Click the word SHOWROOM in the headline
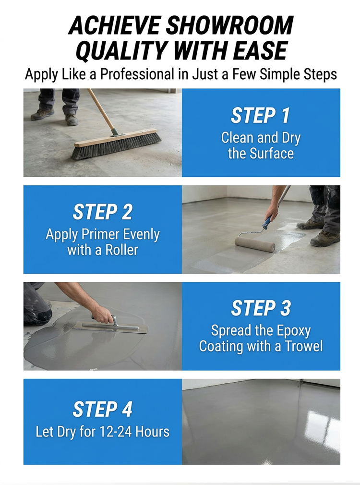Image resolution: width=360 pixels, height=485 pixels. (x=229, y=25)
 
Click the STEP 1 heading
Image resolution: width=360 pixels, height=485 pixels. (x=261, y=115)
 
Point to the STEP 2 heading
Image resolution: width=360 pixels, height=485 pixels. (x=102, y=212)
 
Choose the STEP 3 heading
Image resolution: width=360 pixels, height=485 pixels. (x=261, y=308)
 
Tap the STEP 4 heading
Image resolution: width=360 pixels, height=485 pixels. (x=102, y=409)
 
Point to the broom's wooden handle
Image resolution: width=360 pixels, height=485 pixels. (x=101, y=111)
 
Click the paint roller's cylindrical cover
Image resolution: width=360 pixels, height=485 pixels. (x=255, y=244)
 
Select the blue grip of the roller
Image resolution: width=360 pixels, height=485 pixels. (x=267, y=222)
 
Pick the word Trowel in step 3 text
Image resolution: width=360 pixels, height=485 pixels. (x=304, y=346)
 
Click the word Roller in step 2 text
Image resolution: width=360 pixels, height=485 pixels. (x=121, y=250)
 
